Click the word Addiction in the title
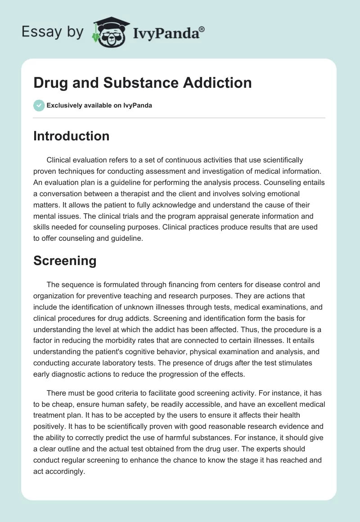tap(213, 82)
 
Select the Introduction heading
tap(71, 136)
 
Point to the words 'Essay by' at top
tap(53, 32)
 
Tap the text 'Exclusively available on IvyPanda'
tap(99, 105)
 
